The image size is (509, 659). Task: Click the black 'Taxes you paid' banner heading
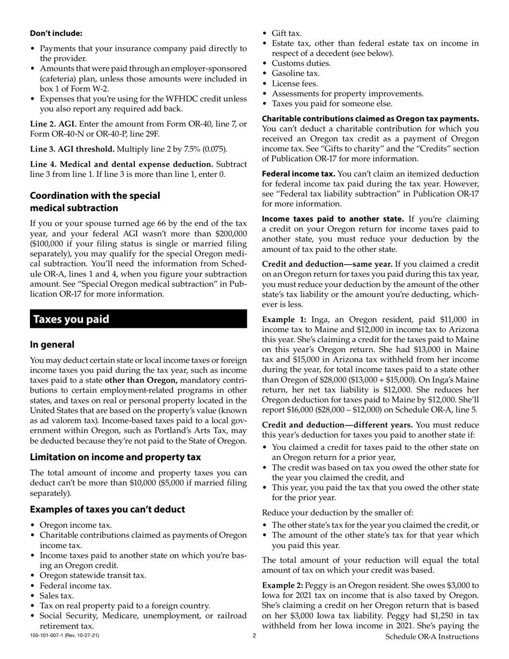[x=71, y=319]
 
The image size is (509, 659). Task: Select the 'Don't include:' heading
[x=56, y=33]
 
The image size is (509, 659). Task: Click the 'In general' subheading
[x=52, y=345]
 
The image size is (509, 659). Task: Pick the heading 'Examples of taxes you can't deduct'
[x=107, y=509]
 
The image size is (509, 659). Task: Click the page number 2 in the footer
[x=254, y=636]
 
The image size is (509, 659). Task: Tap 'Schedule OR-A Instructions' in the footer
[x=432, y=636]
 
